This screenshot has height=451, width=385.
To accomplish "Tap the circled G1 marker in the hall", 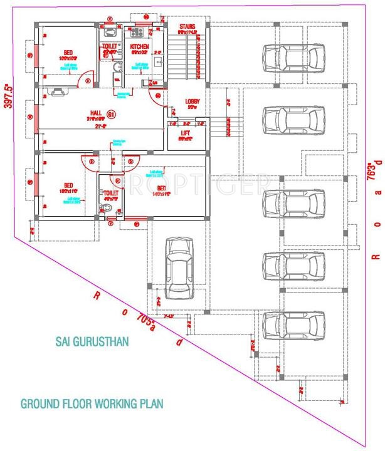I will [x=111, y=115].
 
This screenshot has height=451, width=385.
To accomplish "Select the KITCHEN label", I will [x=139, y=47].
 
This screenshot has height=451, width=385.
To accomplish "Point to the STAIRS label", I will [x=187, y=27].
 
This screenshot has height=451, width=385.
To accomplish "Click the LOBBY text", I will [x=192, y=101].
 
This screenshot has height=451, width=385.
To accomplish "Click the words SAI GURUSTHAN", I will [x=92, y=342].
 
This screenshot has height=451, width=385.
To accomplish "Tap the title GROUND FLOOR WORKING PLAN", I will [x=92, y=403].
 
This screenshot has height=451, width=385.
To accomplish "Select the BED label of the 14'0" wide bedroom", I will [x=161, y=188].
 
